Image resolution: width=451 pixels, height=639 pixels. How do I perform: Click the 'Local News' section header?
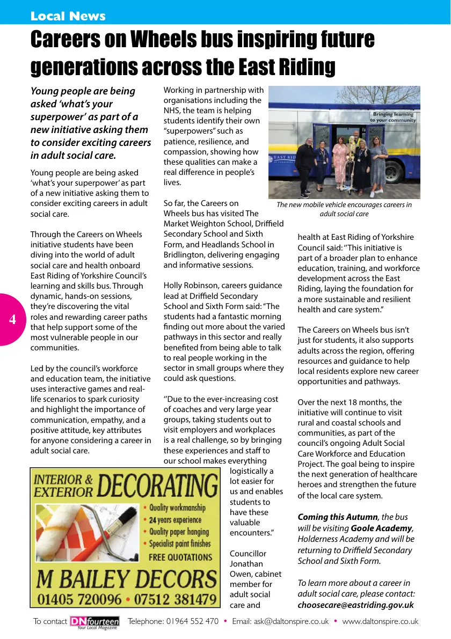tap(68, 16)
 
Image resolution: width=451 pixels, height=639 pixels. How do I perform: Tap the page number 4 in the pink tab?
tap(12, 320)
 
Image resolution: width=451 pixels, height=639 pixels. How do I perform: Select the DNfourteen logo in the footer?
tap(94, 621)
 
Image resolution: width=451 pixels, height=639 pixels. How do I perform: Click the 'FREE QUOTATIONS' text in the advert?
tap(180, 557)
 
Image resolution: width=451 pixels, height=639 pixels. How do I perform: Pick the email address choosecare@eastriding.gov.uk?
tap(355, 605)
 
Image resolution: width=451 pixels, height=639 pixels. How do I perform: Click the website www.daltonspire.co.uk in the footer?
tap(380, 621)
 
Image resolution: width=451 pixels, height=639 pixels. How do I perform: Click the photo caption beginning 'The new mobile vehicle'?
tap(344, 209)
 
